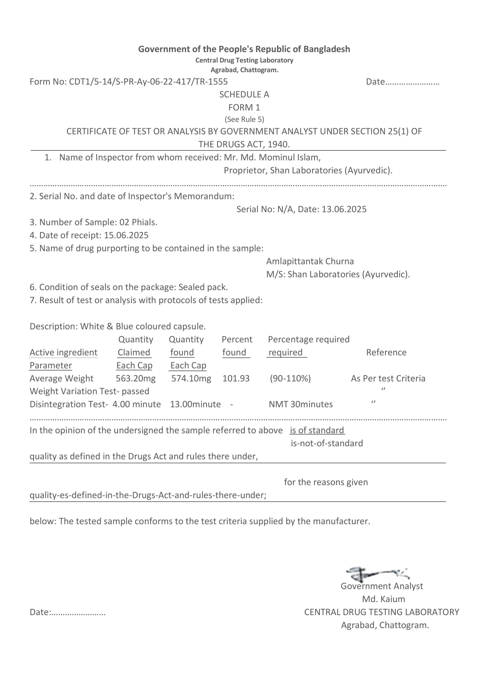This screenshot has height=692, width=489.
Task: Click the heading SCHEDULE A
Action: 244,95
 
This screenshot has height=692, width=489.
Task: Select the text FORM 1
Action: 244,108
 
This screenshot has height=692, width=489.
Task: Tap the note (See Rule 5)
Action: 244,119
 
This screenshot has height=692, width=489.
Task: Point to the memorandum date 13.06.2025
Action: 344,209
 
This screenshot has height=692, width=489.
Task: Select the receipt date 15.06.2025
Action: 126,235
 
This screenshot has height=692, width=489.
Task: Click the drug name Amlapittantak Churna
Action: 310,261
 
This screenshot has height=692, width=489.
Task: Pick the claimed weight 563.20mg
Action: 136,378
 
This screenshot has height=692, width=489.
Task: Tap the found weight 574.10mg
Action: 191,378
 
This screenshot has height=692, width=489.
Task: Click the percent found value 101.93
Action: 236,378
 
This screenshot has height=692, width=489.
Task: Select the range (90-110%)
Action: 290,378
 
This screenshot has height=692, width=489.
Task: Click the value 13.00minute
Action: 195,404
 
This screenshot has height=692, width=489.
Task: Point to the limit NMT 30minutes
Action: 301,404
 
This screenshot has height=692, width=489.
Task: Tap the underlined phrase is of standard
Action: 317,430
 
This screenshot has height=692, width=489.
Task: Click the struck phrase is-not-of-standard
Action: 327,443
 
